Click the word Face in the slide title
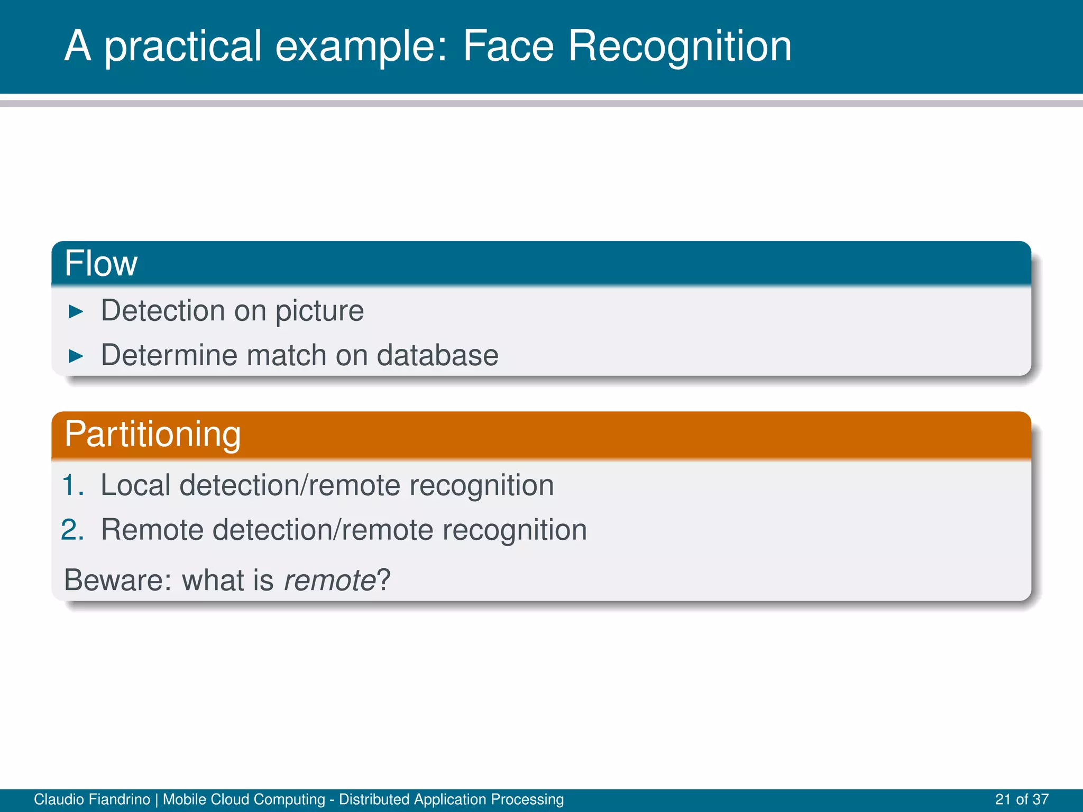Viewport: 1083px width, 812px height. click(508, 47)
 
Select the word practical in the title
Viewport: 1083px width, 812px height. click(183, 47)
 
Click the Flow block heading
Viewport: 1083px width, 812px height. click(101, 263)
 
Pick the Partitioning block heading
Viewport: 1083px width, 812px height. click(152, 434)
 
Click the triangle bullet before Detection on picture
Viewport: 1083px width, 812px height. click(76, 312)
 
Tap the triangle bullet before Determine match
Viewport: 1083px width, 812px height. click(76, 356)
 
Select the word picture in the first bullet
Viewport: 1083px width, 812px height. click(319, 311)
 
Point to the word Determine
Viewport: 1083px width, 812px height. click(169, 355)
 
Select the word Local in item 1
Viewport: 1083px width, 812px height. click(135, 485)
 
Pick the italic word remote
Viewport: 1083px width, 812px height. click(329, 580)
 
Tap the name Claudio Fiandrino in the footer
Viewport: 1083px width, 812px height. click(91, 799)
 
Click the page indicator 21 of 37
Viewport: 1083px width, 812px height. click(1021, 799)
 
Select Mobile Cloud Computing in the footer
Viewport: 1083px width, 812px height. click(244, 799)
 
